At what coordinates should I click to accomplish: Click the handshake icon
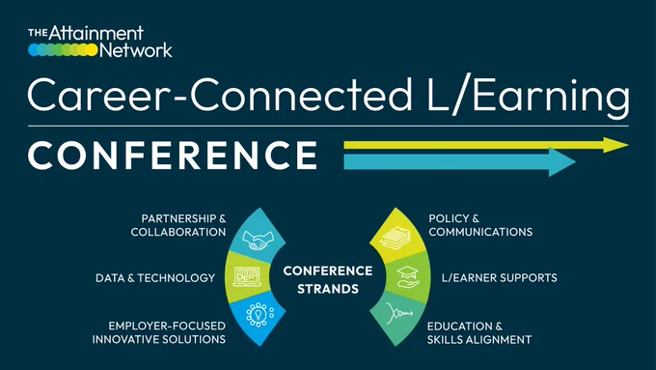tap(258, 241)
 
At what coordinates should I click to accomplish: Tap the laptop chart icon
tap(247, 277)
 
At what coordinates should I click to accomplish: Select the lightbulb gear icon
tap(260, 314)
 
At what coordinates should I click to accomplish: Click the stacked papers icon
tap(395, 238)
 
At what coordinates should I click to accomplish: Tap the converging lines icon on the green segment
tap(399, 313)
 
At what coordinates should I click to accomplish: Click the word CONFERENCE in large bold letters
tap(173, 155)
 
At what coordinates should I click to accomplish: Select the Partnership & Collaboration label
tap(178, 225)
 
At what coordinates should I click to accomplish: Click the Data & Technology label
tap(155, 278)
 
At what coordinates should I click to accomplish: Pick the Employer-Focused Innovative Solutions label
tap(159, 332)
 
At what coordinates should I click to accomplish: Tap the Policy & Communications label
tap(480, 225)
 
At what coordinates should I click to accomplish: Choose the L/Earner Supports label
tap(500, 278)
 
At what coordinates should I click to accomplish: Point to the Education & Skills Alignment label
tap(479, 332)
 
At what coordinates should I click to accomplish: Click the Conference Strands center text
tap(328, 279)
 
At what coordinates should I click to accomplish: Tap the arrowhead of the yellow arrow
tap(615, 145)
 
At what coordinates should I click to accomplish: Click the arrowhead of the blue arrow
tap(561, 161)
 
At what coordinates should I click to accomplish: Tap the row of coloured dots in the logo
tap(63, 50)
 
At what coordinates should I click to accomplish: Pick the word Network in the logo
tap(136, 50)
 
